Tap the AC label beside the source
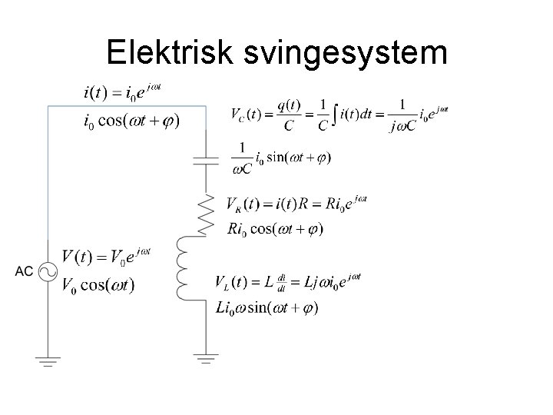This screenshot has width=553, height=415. tap(24, 272)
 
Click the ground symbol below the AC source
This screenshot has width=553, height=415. tap(47, 360)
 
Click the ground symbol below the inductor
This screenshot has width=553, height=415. tap(206, 358)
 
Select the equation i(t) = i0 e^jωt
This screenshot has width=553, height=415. tap(122, 95)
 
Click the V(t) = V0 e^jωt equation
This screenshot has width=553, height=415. tap(106, 254)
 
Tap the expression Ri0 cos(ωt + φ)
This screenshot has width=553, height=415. tap(276, 228)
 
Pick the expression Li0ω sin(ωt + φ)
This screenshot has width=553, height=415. tap(267, 307)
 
